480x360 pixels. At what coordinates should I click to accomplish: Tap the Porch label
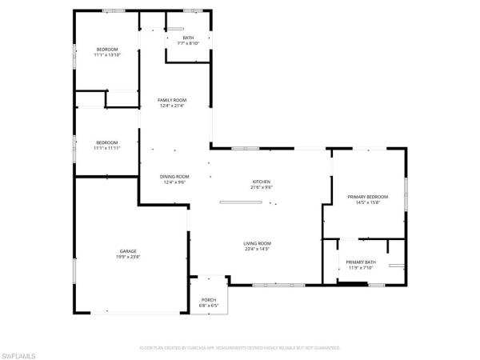[x=208, y=300]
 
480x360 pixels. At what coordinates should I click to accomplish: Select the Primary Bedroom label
[x=367, y=196]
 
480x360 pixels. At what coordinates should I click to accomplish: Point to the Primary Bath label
[x=361, y=262]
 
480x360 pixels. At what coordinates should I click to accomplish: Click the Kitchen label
[x=262, y=182]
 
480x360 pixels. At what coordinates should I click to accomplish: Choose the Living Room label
[x=258, y=243]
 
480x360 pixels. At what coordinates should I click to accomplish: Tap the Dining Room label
[x=174, y=176]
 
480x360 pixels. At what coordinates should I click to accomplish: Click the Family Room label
[x=172, y=99]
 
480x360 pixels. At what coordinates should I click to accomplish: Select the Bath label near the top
[x=188, y=38]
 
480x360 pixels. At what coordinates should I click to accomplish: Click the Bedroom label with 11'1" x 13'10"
[x=106, y=50]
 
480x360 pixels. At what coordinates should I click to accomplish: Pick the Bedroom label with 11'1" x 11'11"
[x=106, y=142]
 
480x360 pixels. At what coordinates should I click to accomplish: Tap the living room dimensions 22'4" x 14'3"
[x=258, y=250]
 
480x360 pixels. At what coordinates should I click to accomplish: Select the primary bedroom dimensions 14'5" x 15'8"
[x=367, y=202]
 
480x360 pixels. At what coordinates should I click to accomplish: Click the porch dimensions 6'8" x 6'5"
[x=208, y=306]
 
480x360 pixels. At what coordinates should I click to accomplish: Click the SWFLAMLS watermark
[x=21, y=353]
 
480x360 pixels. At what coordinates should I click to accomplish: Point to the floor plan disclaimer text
[x=240, y=348]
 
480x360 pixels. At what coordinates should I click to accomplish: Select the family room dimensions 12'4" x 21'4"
[x=172, y=106]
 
